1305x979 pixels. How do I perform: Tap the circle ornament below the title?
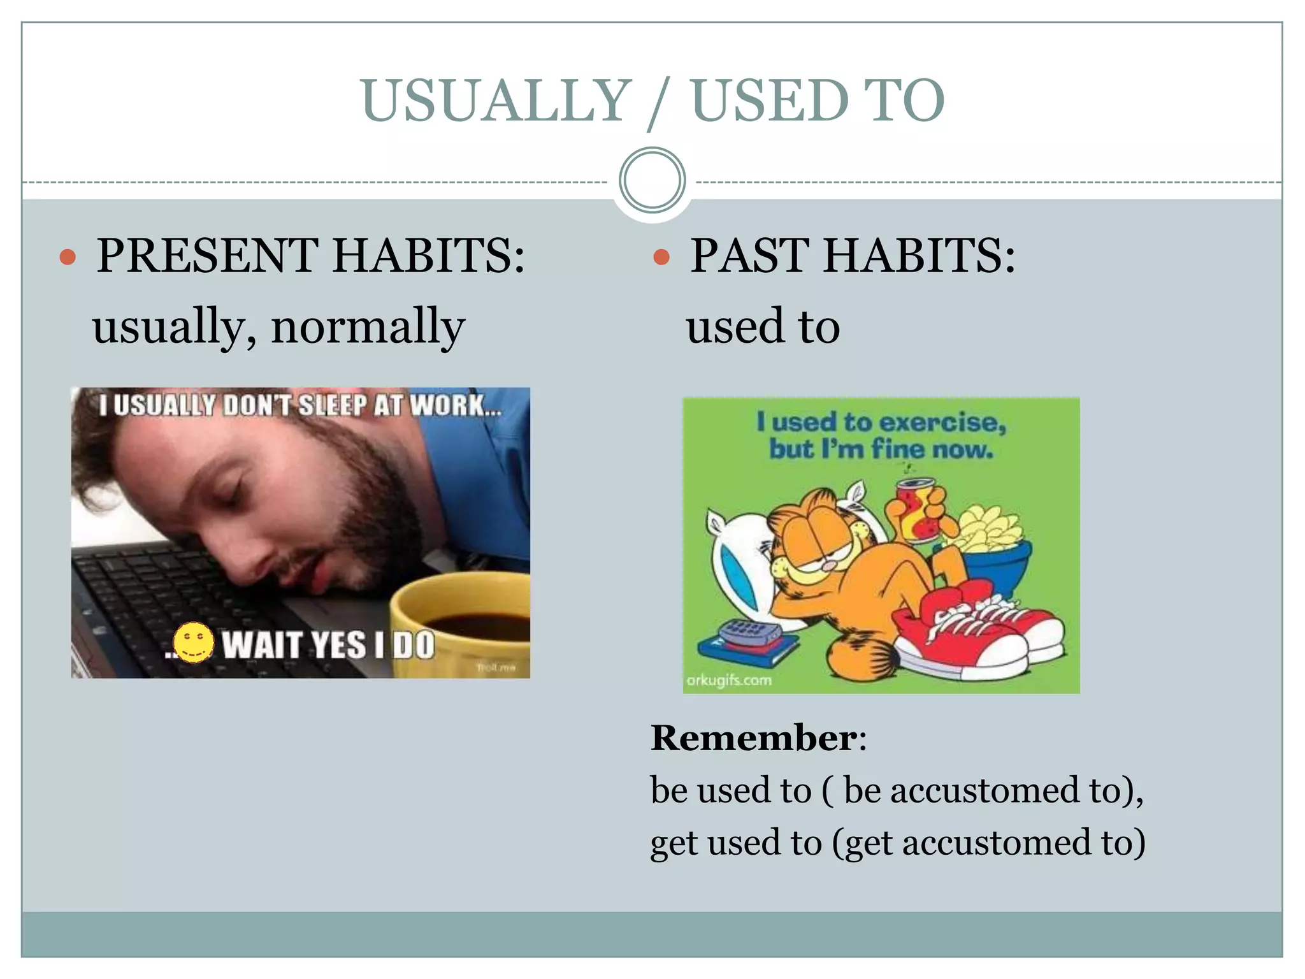coord(652,180)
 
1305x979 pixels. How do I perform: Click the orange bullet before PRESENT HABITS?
coord(68,257)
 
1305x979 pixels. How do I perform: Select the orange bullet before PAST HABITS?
coord(661,257)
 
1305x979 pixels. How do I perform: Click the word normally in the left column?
coord(368,326)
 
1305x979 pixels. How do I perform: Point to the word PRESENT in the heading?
coord(208,256)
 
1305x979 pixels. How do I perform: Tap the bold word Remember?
coord(753,738)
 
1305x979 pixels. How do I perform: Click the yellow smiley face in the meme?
coord(194,642)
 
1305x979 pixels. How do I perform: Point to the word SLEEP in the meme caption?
coord(333,405)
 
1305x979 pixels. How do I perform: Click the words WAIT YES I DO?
coord(328,645)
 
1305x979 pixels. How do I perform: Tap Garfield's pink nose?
coord(827,565)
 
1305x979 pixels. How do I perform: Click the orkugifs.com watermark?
coord(729,680)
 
